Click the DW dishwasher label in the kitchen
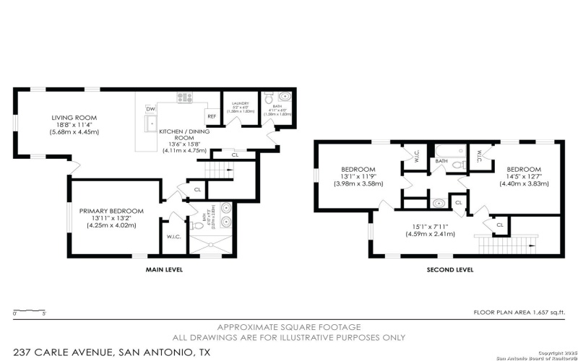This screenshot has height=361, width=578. point(151,109)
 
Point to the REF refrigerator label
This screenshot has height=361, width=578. point(212,116)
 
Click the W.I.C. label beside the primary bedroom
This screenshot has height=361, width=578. point(174,236)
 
